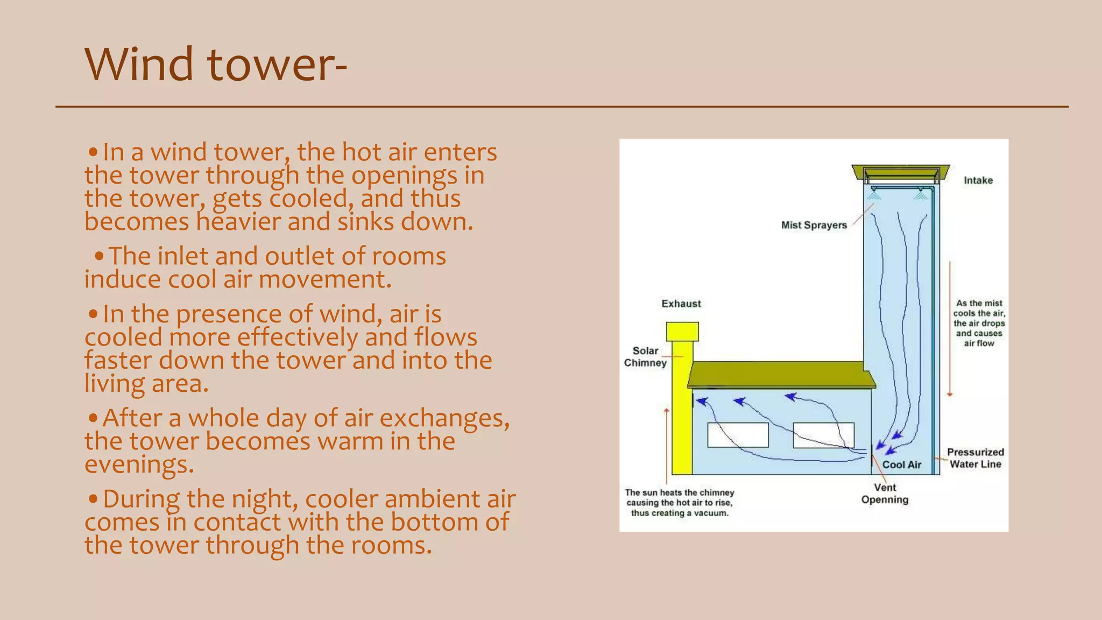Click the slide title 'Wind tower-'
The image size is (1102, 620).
coord(215,65)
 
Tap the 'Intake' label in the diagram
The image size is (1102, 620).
coord(978,180)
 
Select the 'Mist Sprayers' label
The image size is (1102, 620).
coord(814,225)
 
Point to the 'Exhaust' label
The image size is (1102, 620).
coord(681,304)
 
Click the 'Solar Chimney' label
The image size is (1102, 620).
coord(645,357)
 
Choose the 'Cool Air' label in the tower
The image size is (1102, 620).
coord(902,464)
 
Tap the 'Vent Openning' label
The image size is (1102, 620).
coord(885,494)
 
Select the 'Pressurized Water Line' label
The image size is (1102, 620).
coord(975,458)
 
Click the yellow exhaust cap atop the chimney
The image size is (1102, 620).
coord(682,332)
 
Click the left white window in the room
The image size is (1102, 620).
coord(738,435)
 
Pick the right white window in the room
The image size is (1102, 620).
coord(823,435)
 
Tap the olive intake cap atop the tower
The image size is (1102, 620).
coord(900,173)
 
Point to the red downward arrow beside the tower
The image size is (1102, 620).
coord(950,328)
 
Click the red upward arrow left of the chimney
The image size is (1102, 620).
coord(667,447)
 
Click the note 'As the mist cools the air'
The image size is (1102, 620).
coord(979,323)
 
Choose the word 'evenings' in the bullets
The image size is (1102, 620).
coord(138,464)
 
